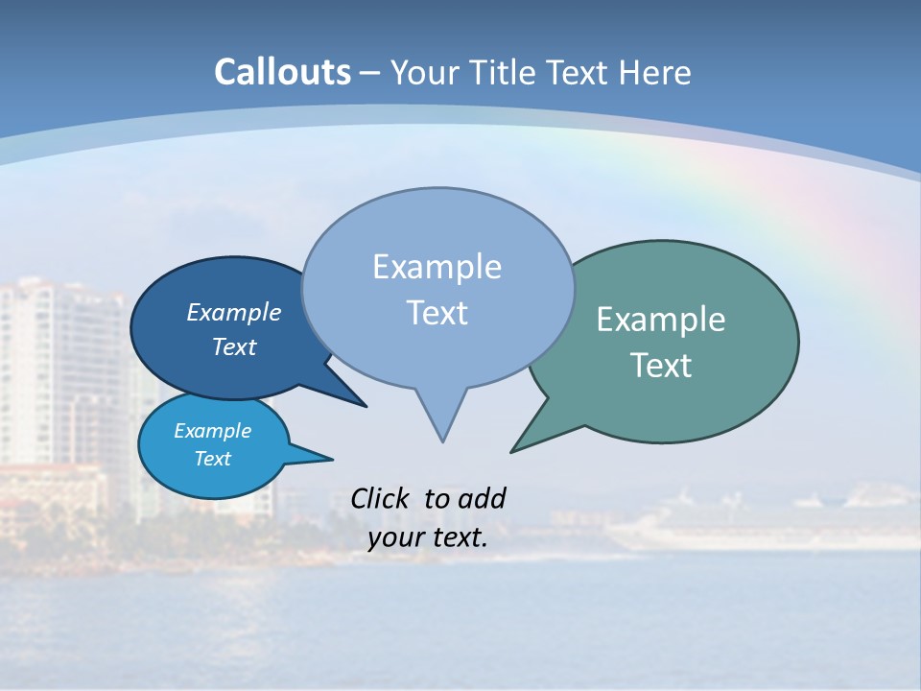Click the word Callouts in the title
pyautogui.click(x=283, y=72)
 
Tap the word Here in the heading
pyautogui.click(x=655, y=73)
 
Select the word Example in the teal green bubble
pyautogui.click(x=661, y=320)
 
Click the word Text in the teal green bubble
pyautogui.click(x=661, y=366)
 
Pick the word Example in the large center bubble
pyautogui.click(x=437, y=267)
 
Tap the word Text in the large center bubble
pyautogui.click(x=437, y=313)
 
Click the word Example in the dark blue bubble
pyautogui.click(x=234, y=313)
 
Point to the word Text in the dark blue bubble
pyautogui.click(x=234, y=347)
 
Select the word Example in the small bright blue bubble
pyautogui.click(x=213, y=431)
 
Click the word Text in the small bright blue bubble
pyautogui.click(x=213, y=459)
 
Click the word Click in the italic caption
pyautogui.click(x=383, y=499)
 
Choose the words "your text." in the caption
pyautogui.click(x=428, y=538)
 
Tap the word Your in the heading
pyautogui.click(x=423, y=73)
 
